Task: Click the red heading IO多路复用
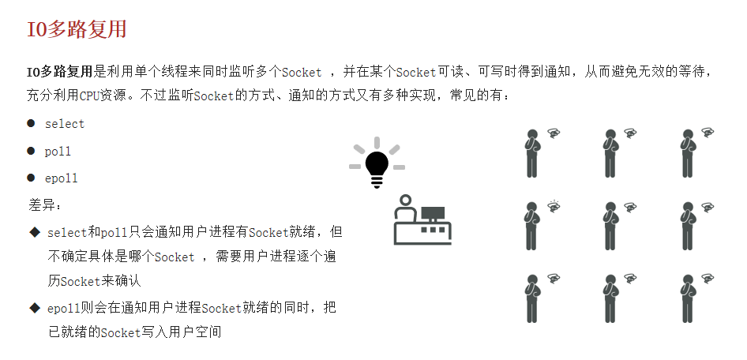coord(77,30)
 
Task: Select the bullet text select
coord(65,124)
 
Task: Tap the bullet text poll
coord(58,152)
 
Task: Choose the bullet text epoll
coord(61,178)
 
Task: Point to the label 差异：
coord(45,205)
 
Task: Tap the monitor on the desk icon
coord(432,213)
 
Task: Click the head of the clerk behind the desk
coord(405,201)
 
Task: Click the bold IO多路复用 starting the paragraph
coord(60,72)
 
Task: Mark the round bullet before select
coord(31,124)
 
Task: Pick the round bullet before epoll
coord(31,178)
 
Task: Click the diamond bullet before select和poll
coord(34,232)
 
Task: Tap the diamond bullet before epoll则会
coord(34,307)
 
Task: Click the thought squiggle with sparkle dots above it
coord(554,207)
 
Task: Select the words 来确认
coord(121,281)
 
